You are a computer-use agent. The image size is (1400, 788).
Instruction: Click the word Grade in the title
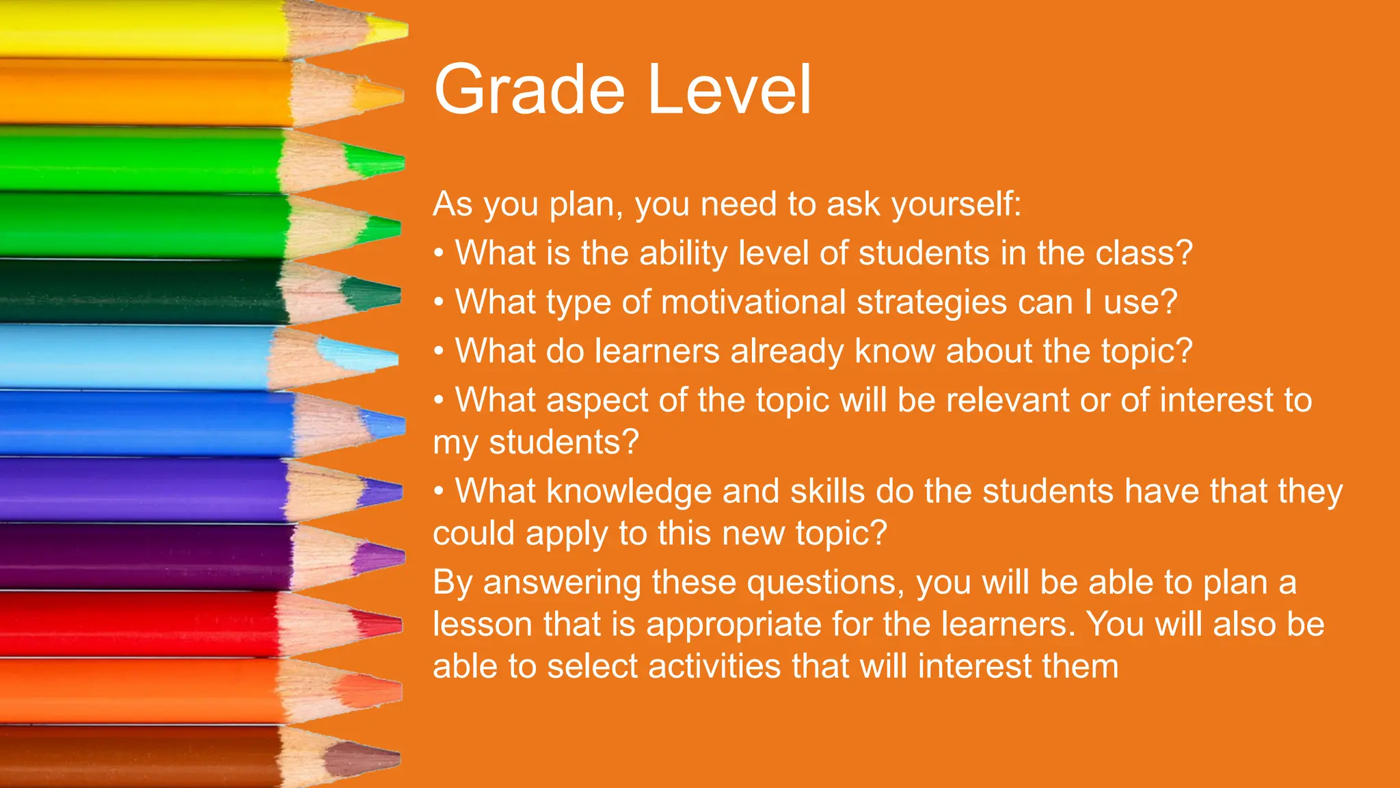click(529, 90)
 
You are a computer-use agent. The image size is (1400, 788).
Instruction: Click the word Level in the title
click(729, 90)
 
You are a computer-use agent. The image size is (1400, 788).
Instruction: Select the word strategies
click(932, 302)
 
